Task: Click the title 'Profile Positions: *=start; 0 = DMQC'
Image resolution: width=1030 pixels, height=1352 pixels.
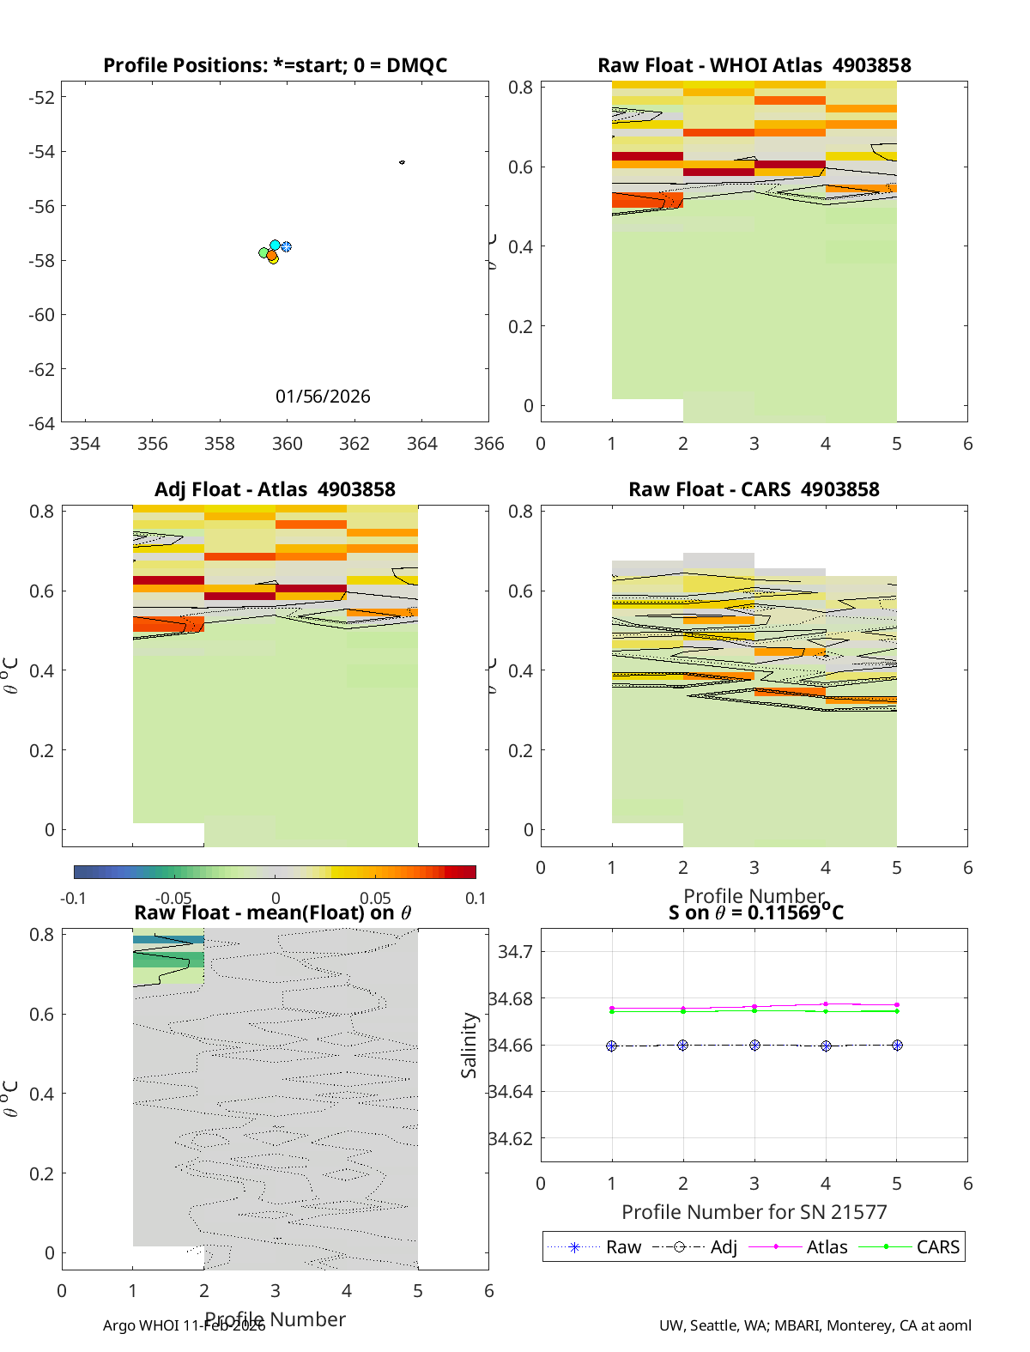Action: coord(275,65)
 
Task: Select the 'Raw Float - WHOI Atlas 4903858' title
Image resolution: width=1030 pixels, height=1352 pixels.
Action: coord(754,65)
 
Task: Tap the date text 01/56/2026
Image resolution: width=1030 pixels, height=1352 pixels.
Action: coord(323,397)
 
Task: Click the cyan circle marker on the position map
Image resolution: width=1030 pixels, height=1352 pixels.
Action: coord(275,246)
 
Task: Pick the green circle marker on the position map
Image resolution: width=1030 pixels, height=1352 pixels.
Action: coord(264,252)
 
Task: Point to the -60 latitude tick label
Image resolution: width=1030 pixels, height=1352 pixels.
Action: coord(41,315)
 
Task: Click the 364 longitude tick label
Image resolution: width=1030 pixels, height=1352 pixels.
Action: coord(421,444)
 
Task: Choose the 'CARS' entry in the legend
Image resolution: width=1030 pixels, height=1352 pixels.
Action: coord(937,1247)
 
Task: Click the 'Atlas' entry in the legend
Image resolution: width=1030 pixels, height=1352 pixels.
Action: coord(827,1247)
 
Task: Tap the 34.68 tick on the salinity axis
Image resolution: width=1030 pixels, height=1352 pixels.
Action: coord(510,998)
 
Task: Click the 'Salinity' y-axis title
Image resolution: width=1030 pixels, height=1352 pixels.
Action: coord(469,1045)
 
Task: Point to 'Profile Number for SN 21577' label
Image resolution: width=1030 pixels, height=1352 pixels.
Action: coord(754,1212)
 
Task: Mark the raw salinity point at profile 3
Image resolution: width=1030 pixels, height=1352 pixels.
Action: coord(754,1046)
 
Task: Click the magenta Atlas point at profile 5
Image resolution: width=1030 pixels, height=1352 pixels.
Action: coord(897,1005)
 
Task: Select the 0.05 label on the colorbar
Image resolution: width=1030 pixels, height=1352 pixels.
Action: coord(375,899)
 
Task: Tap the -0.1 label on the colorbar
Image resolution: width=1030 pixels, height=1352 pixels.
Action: coord(73,899)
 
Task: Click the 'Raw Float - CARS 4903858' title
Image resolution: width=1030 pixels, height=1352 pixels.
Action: coord(754,489)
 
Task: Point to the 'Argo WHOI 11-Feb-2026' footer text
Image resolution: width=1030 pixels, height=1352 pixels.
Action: coord(184,1325)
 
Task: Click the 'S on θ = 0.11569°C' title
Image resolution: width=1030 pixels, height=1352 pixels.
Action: coord(755,912)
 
